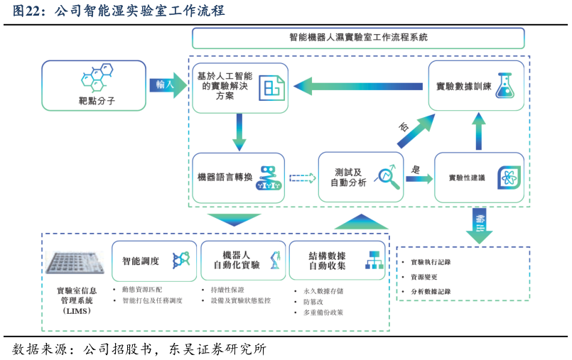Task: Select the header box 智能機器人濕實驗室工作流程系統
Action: pyautogui.click(x=358, y=38)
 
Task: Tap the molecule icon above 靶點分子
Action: pyautogui.click(x=97, y=77)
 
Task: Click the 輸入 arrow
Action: pyautogui.click(x=168, y=84)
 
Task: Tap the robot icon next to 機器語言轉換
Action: pyautogui.click(x=269, y=178)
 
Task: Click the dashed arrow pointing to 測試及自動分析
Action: pyautogui.click(x=302, y=178)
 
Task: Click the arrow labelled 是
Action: pyautogui.click(x=419, y=178)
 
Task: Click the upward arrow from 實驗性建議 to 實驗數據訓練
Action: pyautogui.click(x=479, y=132)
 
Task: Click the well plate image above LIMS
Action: pyautogui.click(x=75, y=262)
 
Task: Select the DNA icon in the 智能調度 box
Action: pyautogui.click(x=181, y=260)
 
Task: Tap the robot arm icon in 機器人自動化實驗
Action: pyautogui.click(x=274, y=260)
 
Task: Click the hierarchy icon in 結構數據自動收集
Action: pyautogui.click(x=374, y=260)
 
